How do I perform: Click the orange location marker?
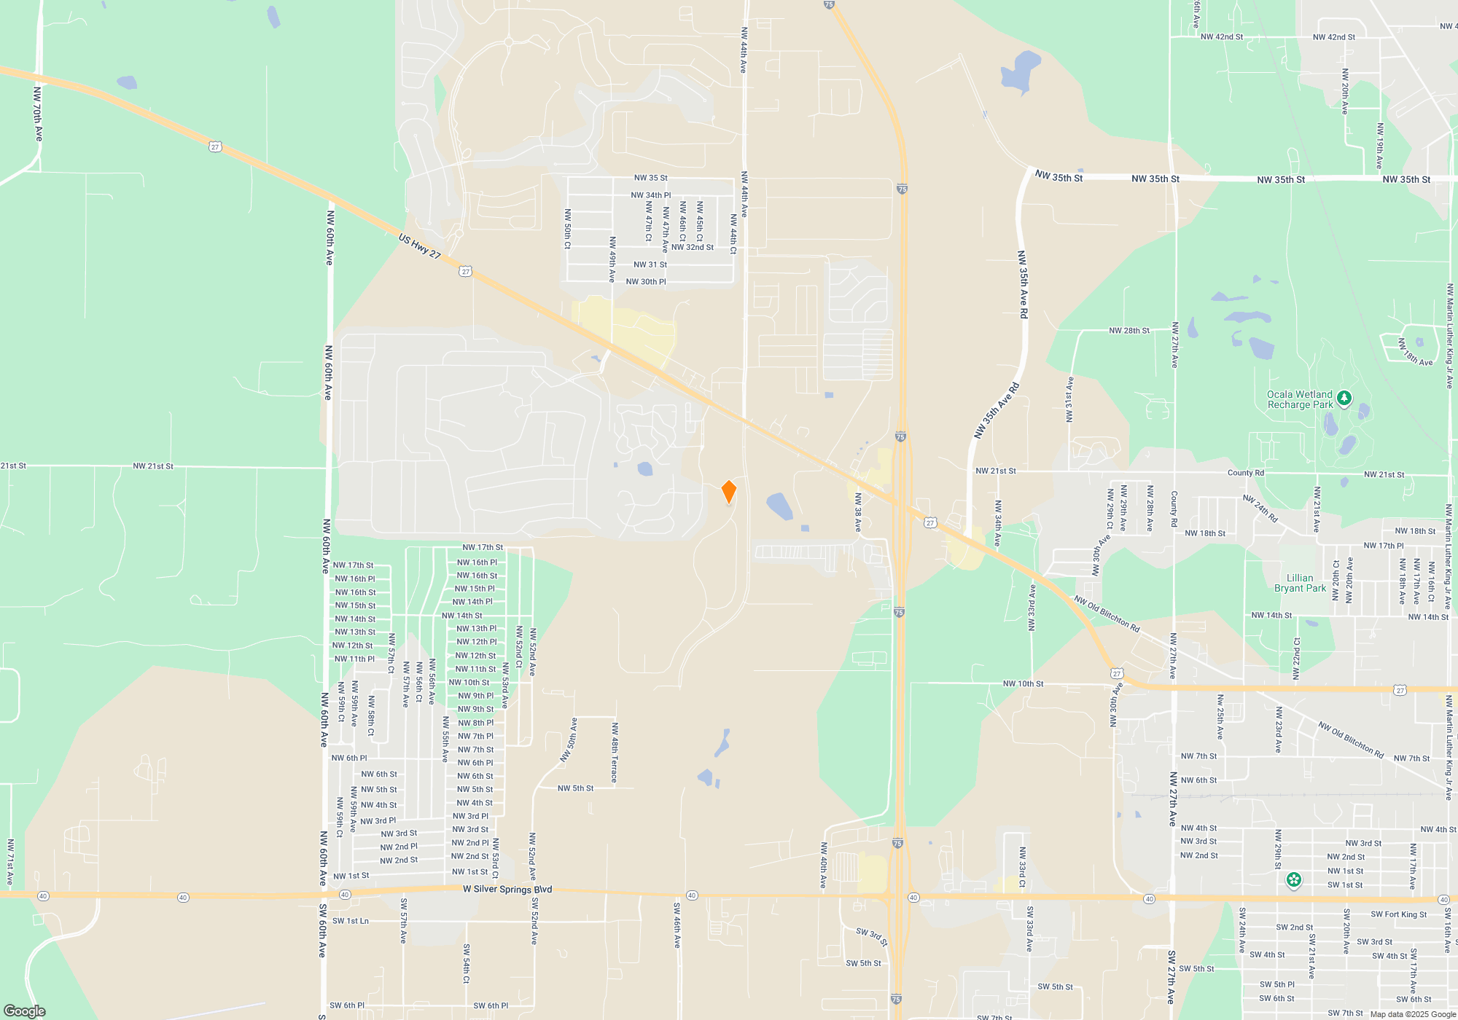(x=728, y=492)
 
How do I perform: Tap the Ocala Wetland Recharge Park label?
(x=1299, y=400)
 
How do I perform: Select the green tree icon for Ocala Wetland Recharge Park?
(x=1344, y=398)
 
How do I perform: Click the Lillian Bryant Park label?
(x=1300, y=583)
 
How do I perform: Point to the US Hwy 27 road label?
(x=419, y=246)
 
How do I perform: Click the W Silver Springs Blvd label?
(x=507, y=889)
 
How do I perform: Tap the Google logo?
(x=24, y=1011)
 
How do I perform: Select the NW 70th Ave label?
(x=38, y=114)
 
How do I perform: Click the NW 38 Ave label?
(x=858, y=512)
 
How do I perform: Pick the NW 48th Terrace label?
(x=615, y=753)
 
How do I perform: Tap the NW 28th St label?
(x=1128, y=331)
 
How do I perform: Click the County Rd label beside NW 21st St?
(x=1245, y=473)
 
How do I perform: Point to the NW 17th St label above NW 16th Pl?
(x=482, y=547)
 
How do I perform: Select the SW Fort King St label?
(x=1398, y=914)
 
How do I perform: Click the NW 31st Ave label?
(x=1069, y=399)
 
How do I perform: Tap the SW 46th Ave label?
(x=677, y=925)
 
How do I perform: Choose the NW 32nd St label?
(x=692, y=247)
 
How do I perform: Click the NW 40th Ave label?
(x=824, y=865)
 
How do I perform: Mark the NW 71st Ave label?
(x=10, y=862)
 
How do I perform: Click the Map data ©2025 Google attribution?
(x=1412, y=1014)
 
